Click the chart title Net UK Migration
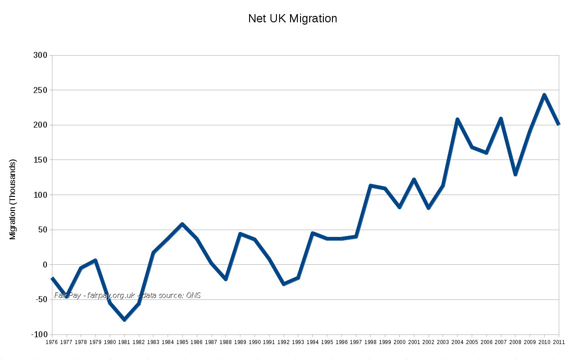click(292, 19)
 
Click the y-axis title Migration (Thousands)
click(13, 200)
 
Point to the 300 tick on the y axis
click(41, 56)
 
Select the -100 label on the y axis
click(39, 334)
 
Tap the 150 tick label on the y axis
click(41, 160)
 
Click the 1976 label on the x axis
click(52, 342)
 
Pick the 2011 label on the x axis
click(559, 342)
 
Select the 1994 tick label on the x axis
click(312, 342)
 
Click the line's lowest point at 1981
click(124, 320)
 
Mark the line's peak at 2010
click(544, 95)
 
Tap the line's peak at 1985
click(182, 224)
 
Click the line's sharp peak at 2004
click(457, 119)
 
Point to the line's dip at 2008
click(515, 174)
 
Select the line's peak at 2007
click(501, 119)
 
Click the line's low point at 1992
click(284, 284)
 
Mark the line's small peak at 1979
click(95, 260)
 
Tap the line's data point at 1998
click(371, 185)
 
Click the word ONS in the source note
click(193, 295)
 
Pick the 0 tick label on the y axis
click(45, 265)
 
